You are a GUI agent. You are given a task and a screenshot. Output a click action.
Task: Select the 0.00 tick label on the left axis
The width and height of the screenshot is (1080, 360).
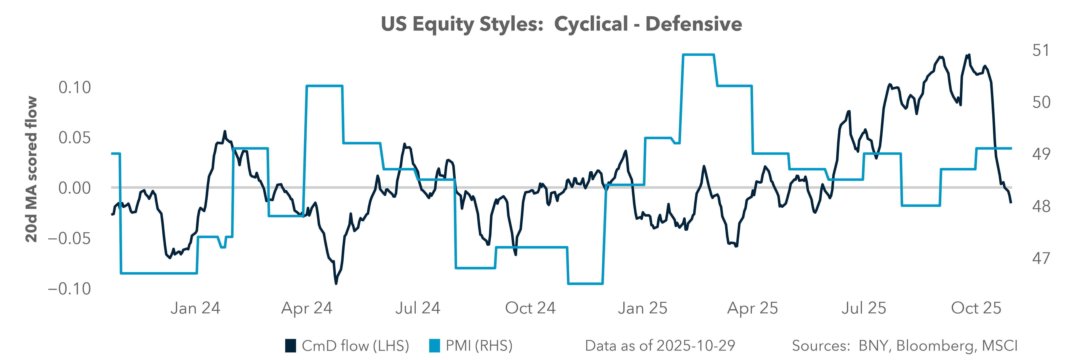[75, 188]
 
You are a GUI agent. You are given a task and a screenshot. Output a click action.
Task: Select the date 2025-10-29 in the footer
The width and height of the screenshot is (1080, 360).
[696, 346]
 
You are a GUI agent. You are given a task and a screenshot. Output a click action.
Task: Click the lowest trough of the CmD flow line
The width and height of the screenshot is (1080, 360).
[336, 283]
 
